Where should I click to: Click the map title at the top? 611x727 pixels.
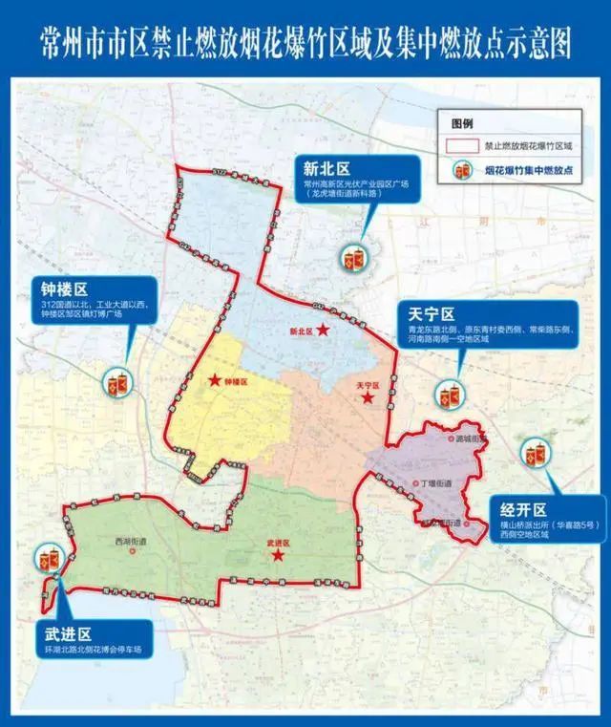tap(305, 42)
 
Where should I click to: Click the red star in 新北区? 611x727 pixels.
tap(324, 331)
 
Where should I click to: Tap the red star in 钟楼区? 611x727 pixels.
tap(215, 380)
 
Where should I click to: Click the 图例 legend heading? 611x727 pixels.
tap(464, 124)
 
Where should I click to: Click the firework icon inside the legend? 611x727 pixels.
tap(464, 170)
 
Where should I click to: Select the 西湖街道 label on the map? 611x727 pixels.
tap(131, 541)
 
